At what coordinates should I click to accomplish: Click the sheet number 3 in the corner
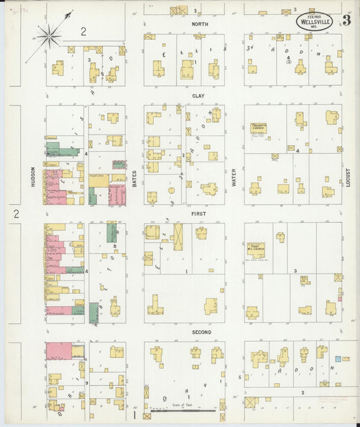[346, 20]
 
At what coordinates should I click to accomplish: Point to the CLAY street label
[198, 96]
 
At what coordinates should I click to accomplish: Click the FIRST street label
[199, 214]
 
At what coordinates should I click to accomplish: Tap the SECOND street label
[201, 332]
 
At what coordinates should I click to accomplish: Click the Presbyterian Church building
[259, 129]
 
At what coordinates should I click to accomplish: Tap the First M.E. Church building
[256, 250]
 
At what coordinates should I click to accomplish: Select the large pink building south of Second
[59, 351]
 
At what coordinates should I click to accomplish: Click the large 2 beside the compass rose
[83, 30]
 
